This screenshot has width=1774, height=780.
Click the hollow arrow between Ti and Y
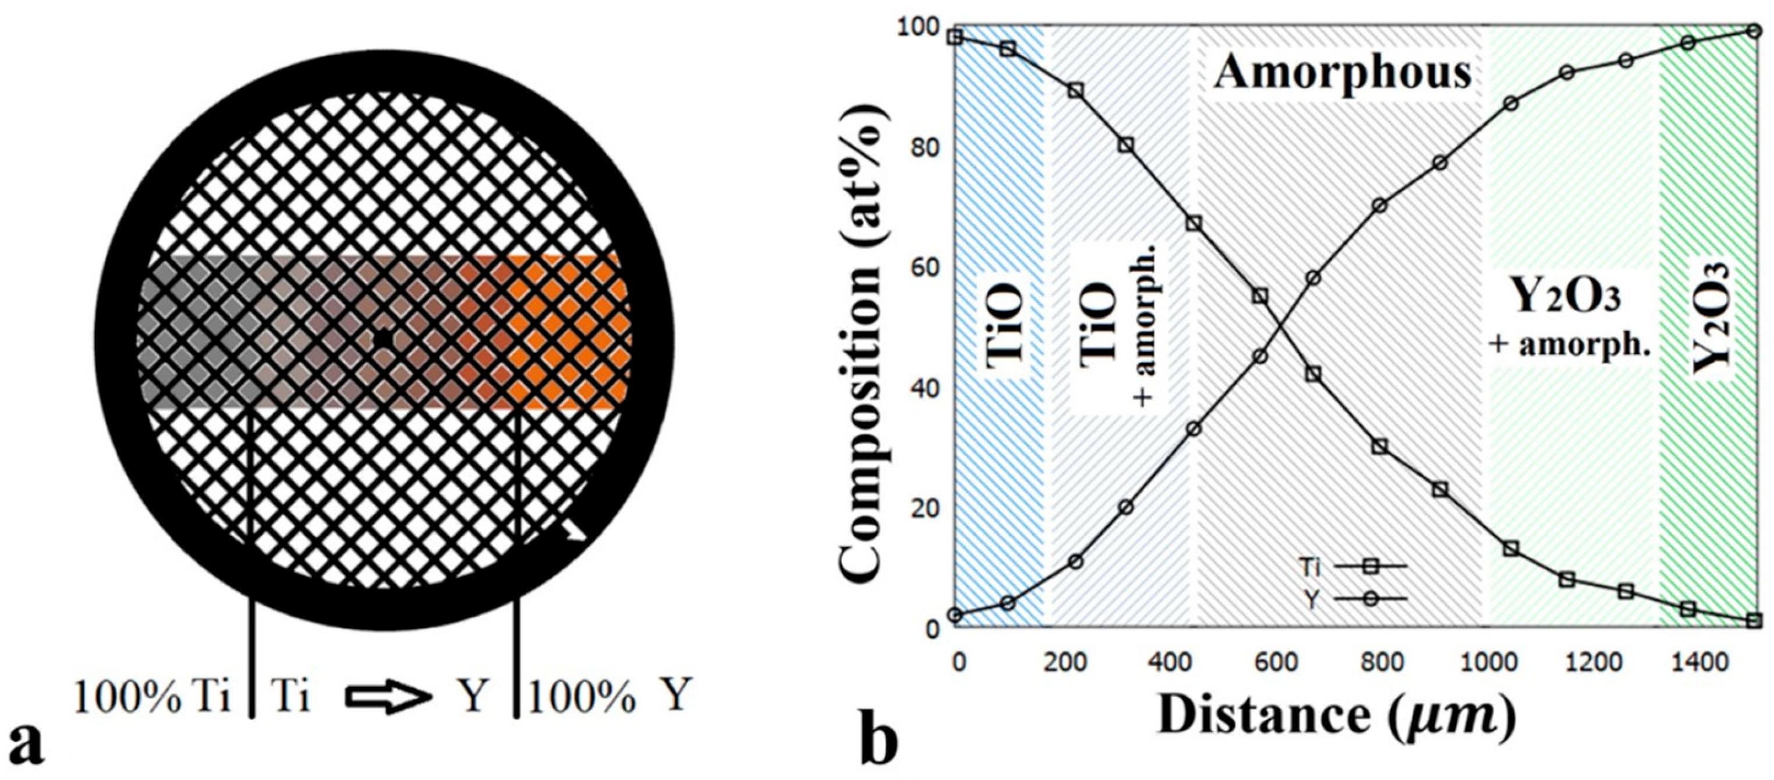[x=388, y=697]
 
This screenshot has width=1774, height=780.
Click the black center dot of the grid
[x=382, y=339]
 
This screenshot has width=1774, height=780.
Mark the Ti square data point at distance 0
[x=954, y=37]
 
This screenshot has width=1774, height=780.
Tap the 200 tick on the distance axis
[x=1065, y=663]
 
